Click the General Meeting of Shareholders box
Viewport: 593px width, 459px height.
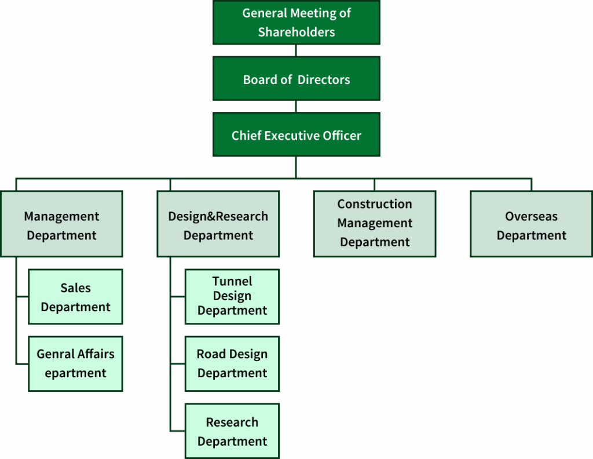click(296, 22)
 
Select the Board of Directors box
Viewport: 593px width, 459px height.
click(296, 78)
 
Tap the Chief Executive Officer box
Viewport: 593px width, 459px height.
click(296, 134)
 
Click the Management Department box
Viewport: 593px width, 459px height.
click(61, 224)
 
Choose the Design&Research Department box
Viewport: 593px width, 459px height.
click(218, 224)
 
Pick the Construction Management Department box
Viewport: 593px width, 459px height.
click(374, 224)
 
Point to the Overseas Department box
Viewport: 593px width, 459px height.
click(531, 224)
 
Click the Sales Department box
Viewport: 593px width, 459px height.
click(75, 296)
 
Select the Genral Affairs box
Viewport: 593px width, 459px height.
click(75, 363)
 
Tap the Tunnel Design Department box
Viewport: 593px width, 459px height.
click(232, 296)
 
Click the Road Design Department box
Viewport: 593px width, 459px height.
click(232, 363)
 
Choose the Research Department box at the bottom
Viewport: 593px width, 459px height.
click(232, 431)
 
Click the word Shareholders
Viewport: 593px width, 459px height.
click(296, 32)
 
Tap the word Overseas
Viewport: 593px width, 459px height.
click(531, 216)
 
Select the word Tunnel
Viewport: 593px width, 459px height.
click(232, 281)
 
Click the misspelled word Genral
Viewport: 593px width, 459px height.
click(56, 354)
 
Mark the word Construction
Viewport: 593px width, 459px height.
click(375, 204)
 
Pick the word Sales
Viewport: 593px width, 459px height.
click(75, 288)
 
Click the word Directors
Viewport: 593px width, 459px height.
click(324, 80)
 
